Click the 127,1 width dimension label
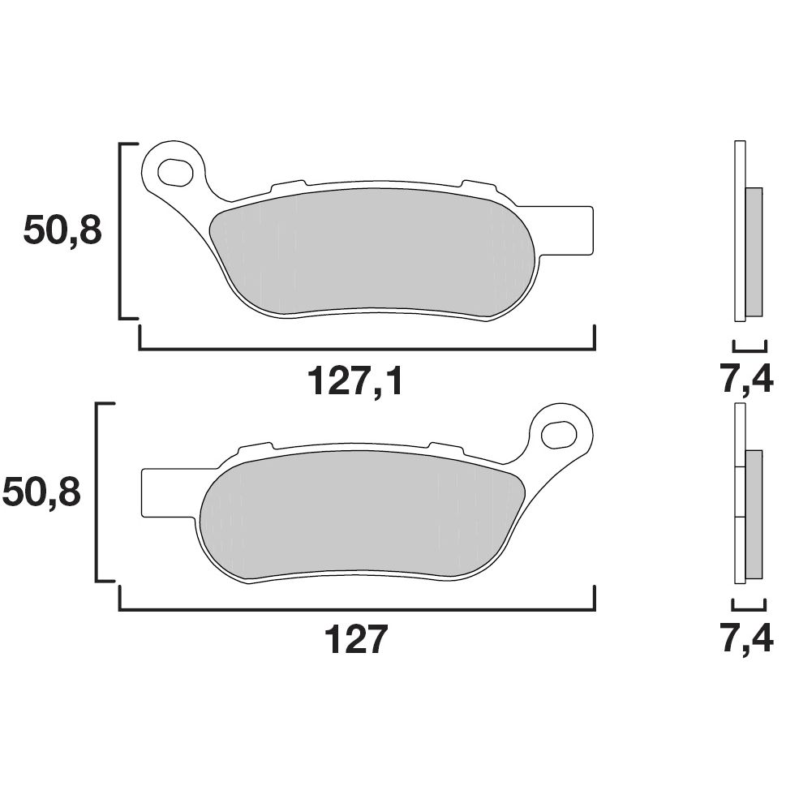click(354, 381)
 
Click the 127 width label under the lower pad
click(356, 641)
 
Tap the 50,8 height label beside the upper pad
click(62, 231)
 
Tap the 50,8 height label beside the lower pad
click(42, 492)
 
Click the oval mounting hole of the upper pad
click(174, 172)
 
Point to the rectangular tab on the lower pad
click(166, 492)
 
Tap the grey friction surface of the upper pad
click(373, 251)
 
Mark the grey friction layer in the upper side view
click(754, 251)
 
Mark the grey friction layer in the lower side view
click(754, 514)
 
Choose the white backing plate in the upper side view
click(739, 231)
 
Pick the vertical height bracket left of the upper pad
click(122, 231)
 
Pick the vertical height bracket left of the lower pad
click(98, 492)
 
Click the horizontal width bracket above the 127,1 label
click(367, 349)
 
